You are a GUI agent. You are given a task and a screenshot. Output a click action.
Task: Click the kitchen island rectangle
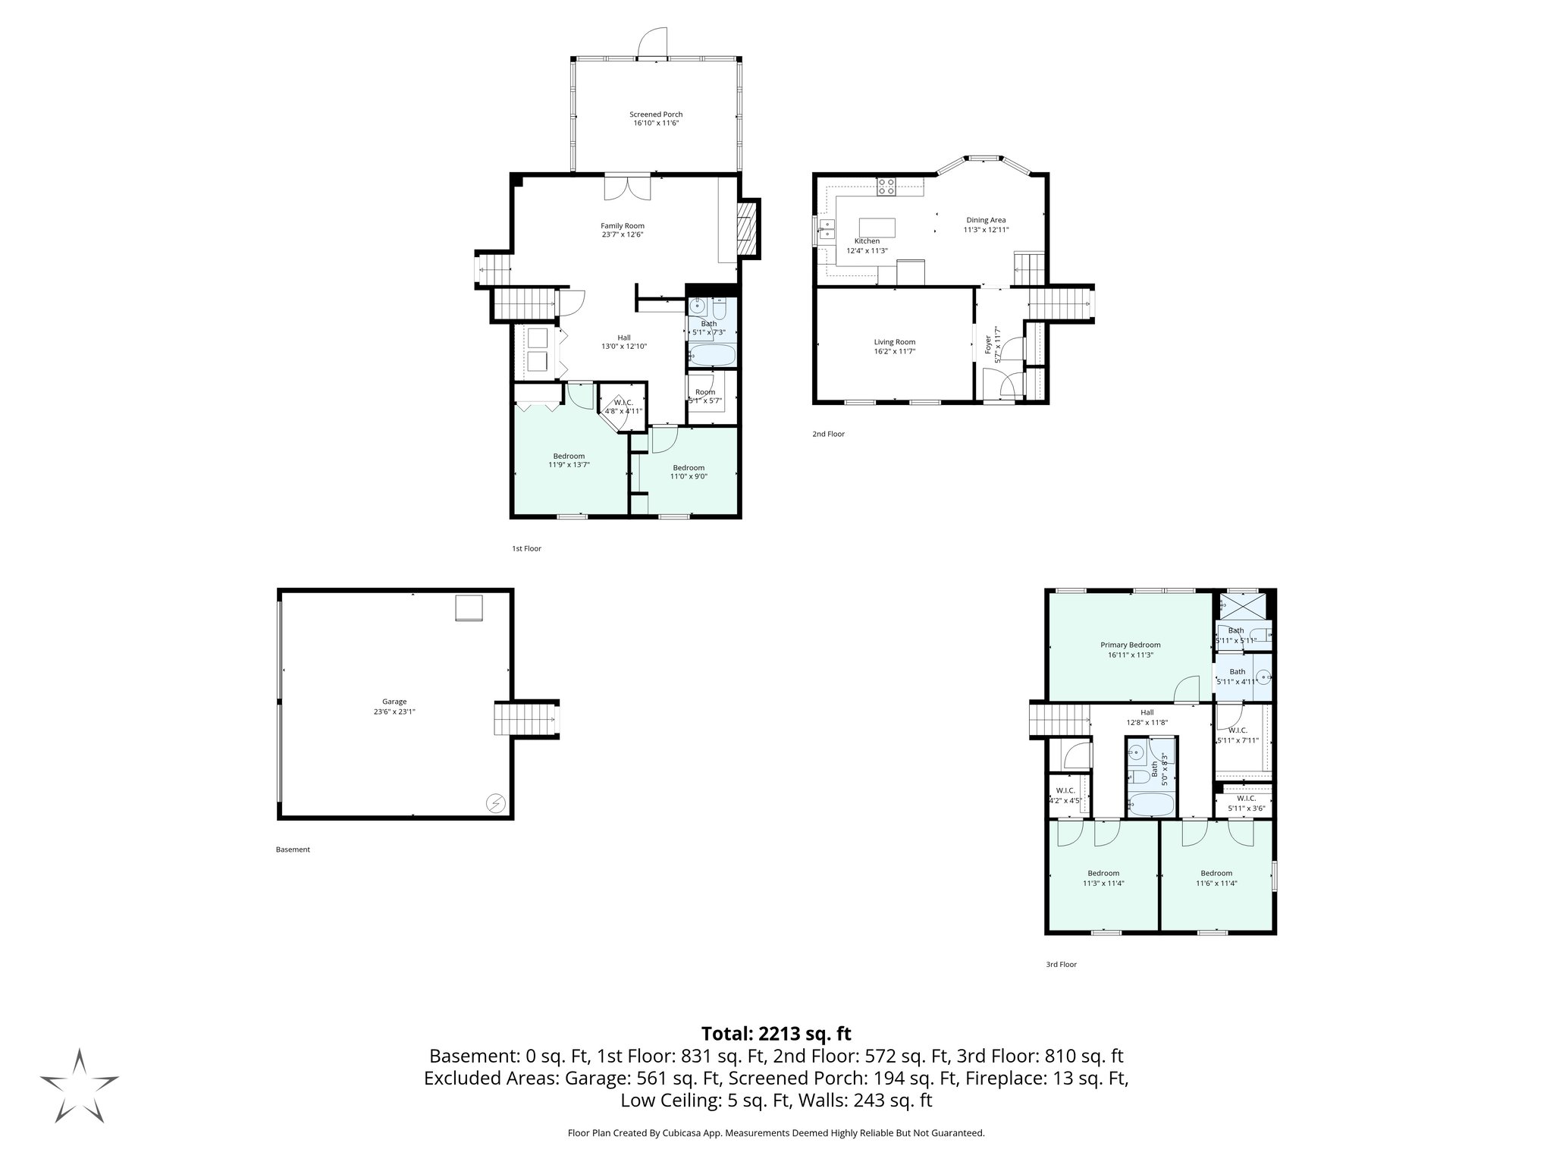tap(877, 228)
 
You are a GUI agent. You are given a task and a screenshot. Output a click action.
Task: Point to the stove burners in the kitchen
tap(886, 186)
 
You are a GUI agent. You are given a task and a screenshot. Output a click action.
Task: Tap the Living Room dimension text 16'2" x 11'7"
tap(894, 351)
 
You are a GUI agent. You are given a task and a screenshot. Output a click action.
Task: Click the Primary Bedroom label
tap(1130, 645)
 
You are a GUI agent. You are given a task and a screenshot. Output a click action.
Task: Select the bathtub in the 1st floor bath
tap(712, 355)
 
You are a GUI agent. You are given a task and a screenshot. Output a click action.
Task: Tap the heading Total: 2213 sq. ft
tap(776, 1034)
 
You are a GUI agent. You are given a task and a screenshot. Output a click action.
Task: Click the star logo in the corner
tap(79, 1085)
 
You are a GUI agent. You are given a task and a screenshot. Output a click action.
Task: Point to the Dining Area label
tap(986, 220)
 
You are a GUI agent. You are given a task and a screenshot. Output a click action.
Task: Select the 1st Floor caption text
tap(526, 548)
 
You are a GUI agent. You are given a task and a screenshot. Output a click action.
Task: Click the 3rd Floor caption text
tap(1061, 965)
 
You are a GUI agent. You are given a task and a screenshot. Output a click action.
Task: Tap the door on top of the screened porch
tap(652, 42)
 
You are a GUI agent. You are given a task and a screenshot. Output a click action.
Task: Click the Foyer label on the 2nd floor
tap(987, 345)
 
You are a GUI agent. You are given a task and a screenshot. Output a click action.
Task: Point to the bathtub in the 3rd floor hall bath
tap(1151, 805)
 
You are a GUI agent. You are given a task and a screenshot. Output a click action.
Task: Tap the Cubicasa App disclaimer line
tap(776, 1133)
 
